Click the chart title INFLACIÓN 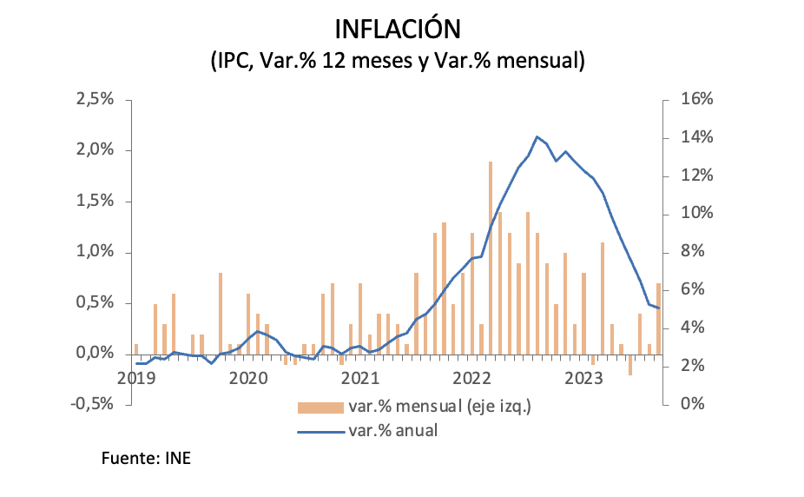[397, 29]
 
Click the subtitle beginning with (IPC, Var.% [397, 61]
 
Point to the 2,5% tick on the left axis [96, 100]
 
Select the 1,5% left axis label [96, 202]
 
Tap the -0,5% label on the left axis [94, 405]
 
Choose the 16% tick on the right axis [696, 100]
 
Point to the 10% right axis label [696, 214]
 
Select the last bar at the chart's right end [658, 319]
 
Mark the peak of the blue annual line [537, 136]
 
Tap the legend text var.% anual [392, 430]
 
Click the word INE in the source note [177, 458]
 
